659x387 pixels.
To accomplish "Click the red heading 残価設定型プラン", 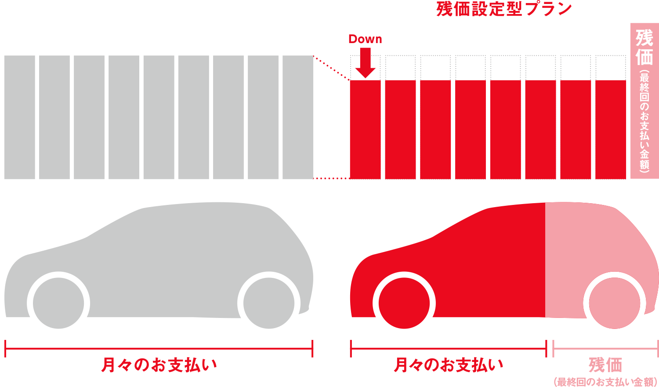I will tap(504, 9).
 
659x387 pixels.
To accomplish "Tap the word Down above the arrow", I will tap(365, 39).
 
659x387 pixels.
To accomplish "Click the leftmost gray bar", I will tap(20, 117).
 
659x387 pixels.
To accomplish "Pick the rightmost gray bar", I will tap(298, 117).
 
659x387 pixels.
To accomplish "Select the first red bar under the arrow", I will tap(365, 129).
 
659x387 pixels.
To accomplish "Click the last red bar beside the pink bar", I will tap(611, 129).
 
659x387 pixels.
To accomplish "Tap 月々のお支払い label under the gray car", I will tap(159, 365).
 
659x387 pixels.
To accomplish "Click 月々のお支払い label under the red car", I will tap(448, 365).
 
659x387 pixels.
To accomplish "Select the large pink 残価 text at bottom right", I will tap(605, 365).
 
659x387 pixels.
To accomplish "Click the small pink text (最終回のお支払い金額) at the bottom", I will tap(605, 381).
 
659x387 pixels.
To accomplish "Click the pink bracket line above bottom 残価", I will tap(605, 348).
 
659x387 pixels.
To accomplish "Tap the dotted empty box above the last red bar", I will tap(611, 67).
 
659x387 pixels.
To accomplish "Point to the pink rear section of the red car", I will tap(584, 246).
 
